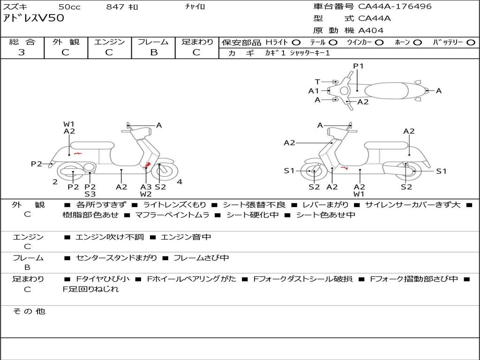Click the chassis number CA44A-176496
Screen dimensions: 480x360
(x=395, y=6)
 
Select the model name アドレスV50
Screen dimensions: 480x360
(x=34, y=18)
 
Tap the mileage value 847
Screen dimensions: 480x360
(x=115, y=7)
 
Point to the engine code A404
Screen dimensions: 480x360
(x=371, y=30)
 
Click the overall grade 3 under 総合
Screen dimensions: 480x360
(x=22, y=52)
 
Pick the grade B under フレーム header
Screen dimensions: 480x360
(x=154, y=52)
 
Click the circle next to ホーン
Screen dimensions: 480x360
(x=417, y=43)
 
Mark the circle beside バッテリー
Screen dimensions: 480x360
(x=471, y=43)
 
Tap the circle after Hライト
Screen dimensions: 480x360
(x=296, y=43)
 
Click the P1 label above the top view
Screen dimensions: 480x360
(x=358, y=66)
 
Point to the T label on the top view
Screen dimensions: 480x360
(x=317, y=82)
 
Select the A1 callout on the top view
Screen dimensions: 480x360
(x=314, y=91)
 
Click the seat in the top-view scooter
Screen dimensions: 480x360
(x=387, y=91)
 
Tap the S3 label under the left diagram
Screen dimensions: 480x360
(x=90, y=194)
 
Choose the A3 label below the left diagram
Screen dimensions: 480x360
(x=146, y=187)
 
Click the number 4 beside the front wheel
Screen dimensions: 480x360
(x=180, y=182)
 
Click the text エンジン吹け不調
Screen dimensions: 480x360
(x=109, y=237)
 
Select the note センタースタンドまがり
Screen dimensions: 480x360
(x=116, y=258)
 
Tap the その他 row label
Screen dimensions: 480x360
(x=29, y=311)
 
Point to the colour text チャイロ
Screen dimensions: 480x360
(x=195, y=7)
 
